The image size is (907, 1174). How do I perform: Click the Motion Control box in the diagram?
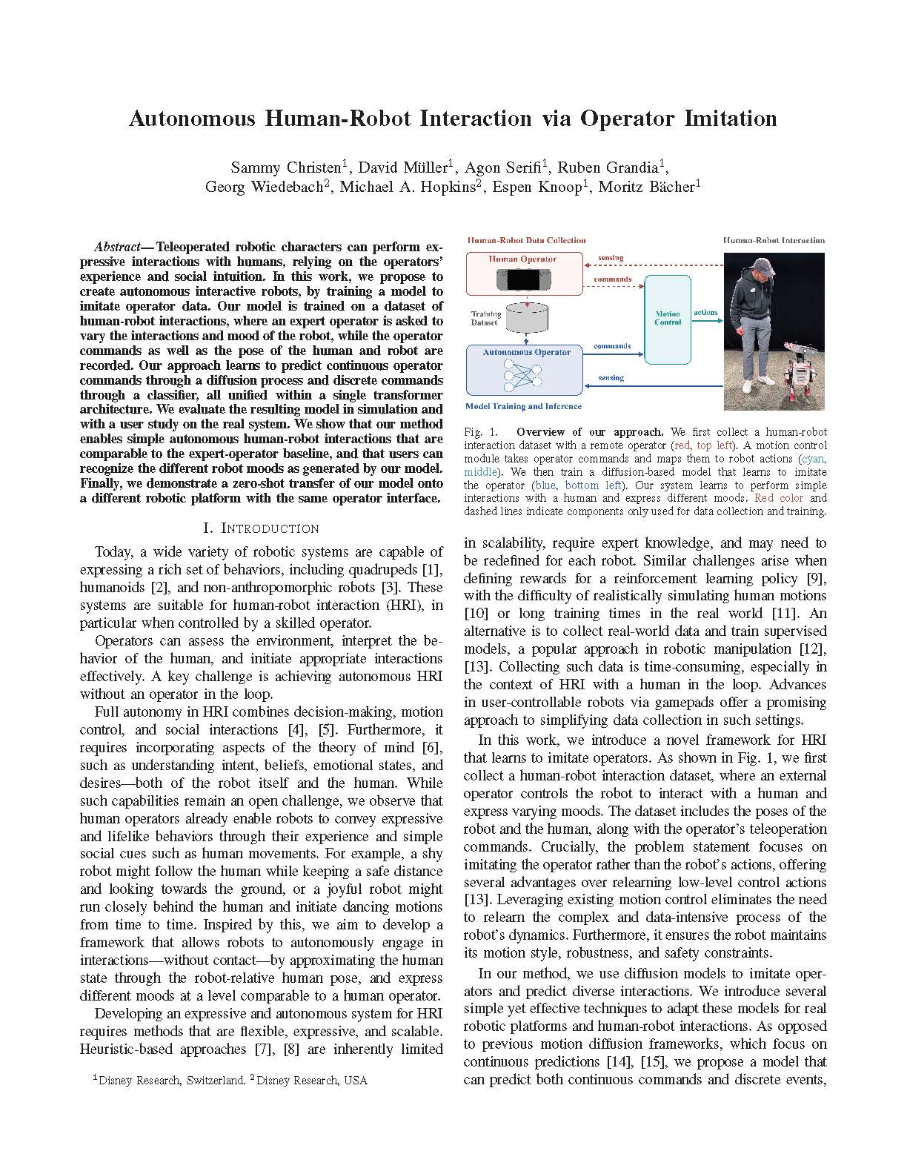(667, 318)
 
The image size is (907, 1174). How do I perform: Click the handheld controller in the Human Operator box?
(522, 280)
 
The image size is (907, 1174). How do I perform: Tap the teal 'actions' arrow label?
(705, 312)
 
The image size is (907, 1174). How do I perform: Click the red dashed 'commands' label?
(613, 280)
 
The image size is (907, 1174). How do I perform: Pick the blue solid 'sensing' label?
(611, 378)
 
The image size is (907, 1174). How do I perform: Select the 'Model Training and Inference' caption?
(523, 406)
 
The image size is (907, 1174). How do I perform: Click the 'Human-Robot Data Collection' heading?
(527, 240)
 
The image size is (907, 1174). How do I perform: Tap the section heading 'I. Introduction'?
(261, 528)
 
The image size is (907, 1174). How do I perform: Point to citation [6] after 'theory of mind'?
(431, 748)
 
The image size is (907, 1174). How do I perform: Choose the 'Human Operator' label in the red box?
(522, 259)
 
